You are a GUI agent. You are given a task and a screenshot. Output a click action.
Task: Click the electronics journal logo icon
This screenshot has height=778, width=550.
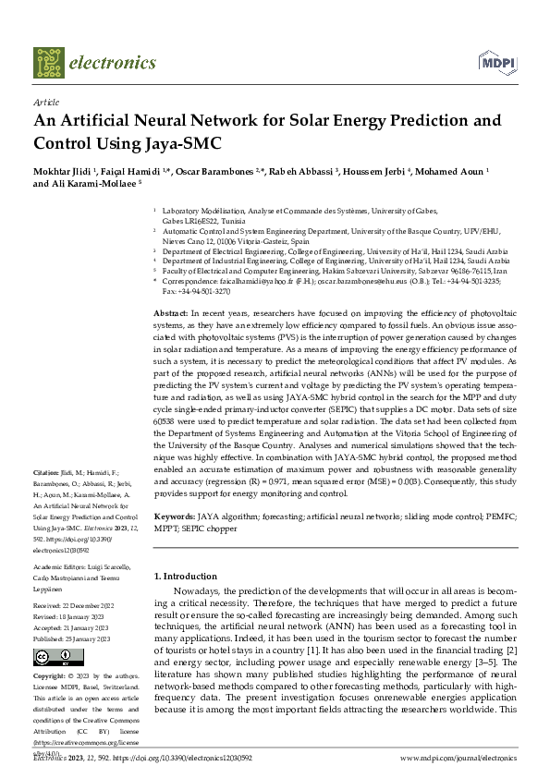[x=49, y=62]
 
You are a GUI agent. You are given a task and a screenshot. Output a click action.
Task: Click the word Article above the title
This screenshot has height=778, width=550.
[x=45, y=103]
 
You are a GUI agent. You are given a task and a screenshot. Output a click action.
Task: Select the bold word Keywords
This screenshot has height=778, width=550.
[x=174, y=518]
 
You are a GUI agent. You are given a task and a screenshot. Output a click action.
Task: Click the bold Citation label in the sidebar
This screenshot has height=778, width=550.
[x=46, y=472]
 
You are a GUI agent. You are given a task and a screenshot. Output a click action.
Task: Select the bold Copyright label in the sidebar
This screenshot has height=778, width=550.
[x=54, y=675]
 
